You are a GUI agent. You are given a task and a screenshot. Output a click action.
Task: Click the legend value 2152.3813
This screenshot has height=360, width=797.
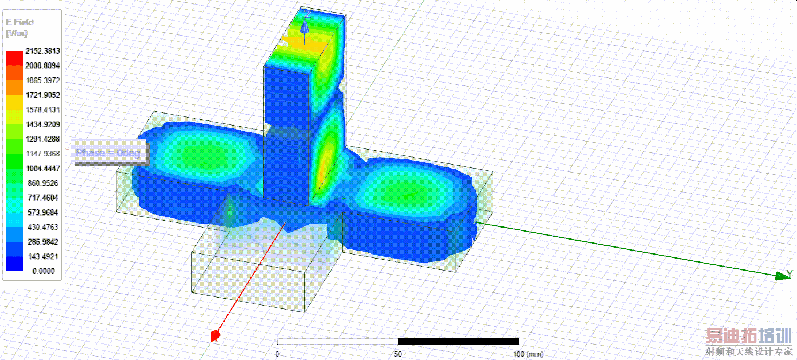pos(42,51)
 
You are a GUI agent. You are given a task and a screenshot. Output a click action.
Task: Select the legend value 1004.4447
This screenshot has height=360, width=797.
pos(43,169)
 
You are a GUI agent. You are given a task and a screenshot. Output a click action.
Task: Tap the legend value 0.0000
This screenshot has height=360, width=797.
pos(44,271)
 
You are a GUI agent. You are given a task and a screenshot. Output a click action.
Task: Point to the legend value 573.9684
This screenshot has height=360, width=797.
pos(43,213)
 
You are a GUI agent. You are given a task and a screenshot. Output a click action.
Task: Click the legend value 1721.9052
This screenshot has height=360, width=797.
pos(43,95)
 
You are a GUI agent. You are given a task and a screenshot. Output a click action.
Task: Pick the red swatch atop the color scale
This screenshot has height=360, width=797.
pos(15,58)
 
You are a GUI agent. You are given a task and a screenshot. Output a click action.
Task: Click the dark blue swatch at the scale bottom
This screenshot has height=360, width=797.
pos(15,264)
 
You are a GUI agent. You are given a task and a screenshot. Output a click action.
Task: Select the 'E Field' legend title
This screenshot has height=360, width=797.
pos(19,22)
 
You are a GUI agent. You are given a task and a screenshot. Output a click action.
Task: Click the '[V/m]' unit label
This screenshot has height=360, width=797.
pos(17,33)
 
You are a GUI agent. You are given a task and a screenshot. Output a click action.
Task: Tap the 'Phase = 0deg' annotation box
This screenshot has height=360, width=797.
pos(108,152)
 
